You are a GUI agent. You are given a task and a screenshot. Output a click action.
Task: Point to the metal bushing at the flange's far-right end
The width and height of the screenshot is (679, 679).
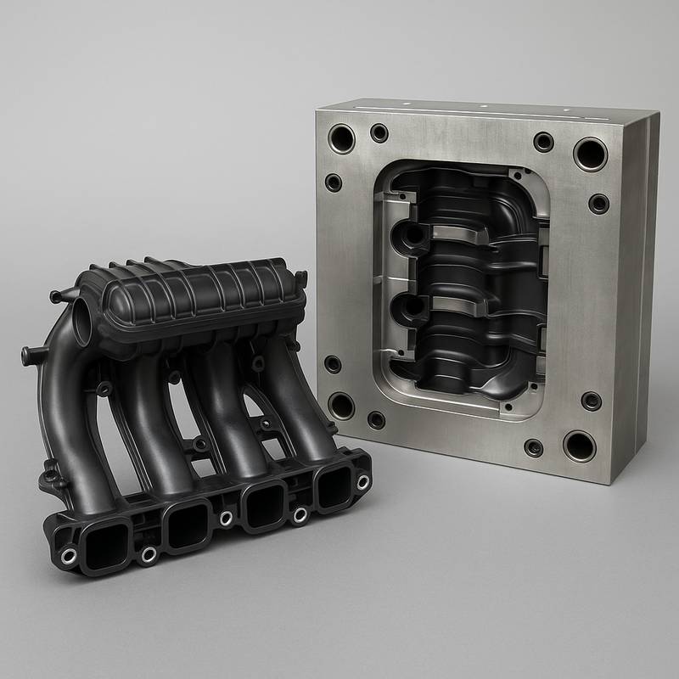click(362, 481)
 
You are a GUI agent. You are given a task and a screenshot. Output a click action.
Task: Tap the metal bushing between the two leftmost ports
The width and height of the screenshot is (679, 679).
click(149, 554)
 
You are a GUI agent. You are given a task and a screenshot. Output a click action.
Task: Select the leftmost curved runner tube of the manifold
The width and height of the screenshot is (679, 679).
click(64, 407)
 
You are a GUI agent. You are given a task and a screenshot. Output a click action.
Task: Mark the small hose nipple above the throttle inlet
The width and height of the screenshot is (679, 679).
click(57, 296)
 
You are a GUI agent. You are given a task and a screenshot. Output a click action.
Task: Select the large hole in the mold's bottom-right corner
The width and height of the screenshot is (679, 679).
click(579, 445)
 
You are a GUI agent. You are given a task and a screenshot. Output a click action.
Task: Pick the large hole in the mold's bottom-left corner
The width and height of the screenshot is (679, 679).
click(341, 405)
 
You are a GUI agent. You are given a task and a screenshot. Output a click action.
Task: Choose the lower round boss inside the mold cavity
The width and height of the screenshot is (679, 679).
click(411, 305)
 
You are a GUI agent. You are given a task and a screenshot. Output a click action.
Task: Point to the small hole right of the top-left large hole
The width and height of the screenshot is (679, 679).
click(379, 133)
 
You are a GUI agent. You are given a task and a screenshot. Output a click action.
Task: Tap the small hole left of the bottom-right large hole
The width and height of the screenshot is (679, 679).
click(534, 447)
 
